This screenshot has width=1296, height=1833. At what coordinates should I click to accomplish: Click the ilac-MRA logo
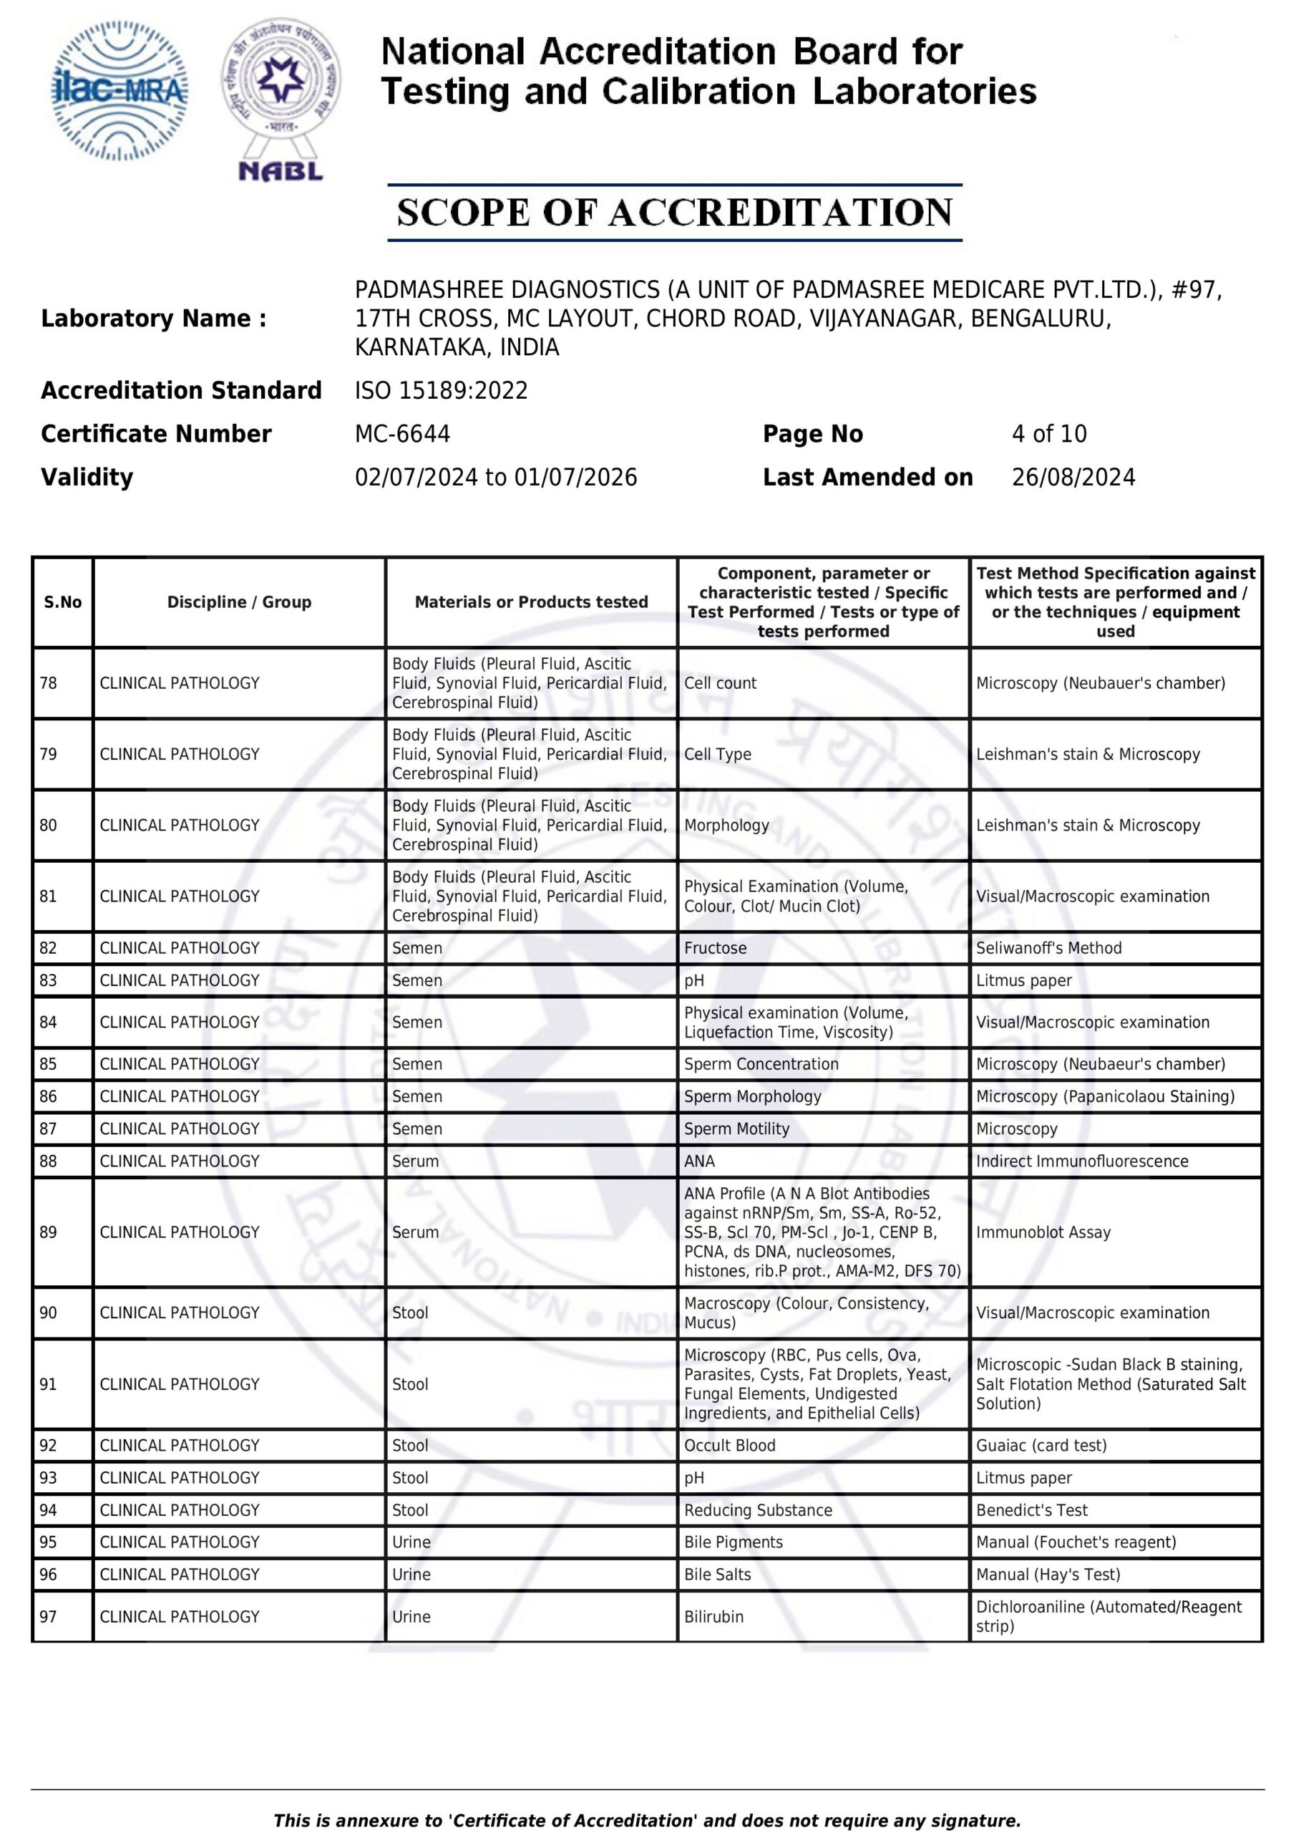120,91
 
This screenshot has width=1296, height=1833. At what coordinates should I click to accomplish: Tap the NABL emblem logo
281,100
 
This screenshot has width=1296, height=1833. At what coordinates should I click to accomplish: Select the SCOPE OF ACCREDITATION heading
674,213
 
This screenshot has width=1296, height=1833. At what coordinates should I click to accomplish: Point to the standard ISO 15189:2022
442,390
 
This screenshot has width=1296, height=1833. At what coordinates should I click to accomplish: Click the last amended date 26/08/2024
1073,478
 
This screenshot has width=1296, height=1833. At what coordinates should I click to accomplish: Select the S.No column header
63,602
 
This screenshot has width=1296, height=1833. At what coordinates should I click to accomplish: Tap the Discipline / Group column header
238,602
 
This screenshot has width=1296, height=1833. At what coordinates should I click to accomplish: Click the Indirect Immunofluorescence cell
1081,1161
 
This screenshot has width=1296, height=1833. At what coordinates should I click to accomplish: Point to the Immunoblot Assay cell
1043,1232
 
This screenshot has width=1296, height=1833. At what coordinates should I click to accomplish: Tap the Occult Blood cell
729,1445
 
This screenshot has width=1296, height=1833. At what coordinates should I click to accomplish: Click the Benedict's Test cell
1032,1509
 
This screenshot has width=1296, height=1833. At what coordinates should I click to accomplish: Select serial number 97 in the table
49,1616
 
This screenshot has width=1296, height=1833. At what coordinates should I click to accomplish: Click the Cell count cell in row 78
720,682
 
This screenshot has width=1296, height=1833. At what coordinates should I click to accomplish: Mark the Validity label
87,478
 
